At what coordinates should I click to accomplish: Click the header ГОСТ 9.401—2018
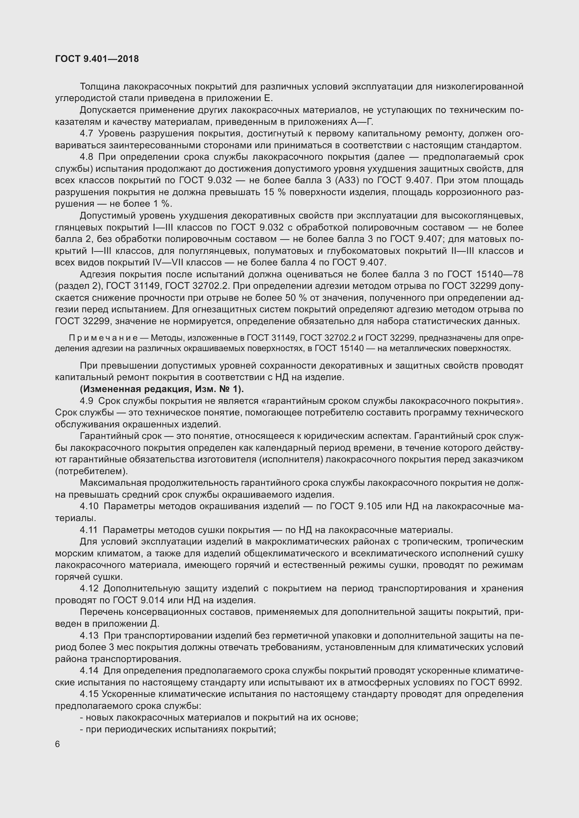click(x=97, y=59)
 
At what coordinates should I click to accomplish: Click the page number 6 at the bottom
click(x=58, y=745)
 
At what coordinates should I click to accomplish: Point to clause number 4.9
click(x=86, y=401)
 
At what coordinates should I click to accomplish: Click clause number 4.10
click(x=89, y=506)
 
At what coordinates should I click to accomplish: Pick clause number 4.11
click(x=89, y=530)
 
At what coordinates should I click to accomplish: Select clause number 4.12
click(x=89, y=588)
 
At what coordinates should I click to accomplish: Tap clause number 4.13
click(x=89, y=635)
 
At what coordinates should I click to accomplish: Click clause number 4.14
click(x=89, y=670)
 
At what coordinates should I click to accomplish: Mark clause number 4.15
click(x=89, y=694)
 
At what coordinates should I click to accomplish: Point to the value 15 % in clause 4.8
click(x=275, y=192)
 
